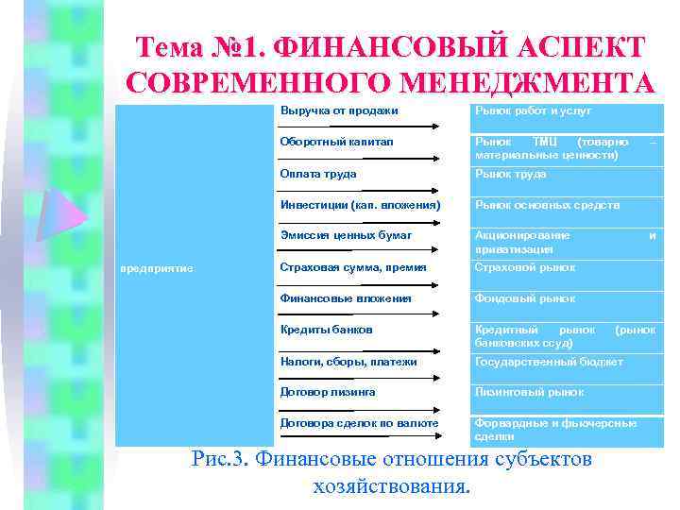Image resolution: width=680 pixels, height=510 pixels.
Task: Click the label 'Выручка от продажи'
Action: point(339,111)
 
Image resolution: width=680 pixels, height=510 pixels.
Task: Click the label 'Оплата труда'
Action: point(318,174)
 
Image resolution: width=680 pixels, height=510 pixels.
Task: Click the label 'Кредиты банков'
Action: point(326,330)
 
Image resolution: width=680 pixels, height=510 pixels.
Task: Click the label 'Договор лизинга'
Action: point(328,392)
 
